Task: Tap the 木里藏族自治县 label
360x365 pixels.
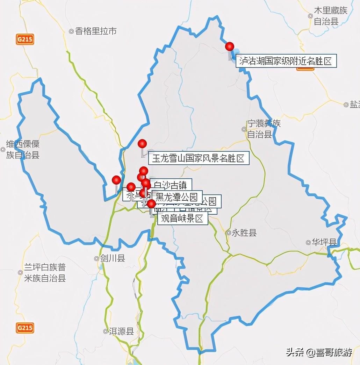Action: [330, 16]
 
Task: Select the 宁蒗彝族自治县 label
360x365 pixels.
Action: [263, 129]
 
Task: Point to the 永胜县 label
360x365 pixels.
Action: [244, 233]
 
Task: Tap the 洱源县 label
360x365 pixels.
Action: [121, 331]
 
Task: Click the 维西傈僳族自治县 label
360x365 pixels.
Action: [23, 149]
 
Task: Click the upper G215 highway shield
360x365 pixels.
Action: [25, 39]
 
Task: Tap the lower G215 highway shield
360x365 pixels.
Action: [25, 328]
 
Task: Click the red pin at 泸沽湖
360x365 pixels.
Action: [229, 46]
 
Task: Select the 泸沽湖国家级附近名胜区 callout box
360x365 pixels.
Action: [286, 61]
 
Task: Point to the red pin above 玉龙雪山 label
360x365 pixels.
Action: [142, 143]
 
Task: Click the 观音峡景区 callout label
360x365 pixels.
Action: [182, 219]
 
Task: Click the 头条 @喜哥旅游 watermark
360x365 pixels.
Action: [319, 352]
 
